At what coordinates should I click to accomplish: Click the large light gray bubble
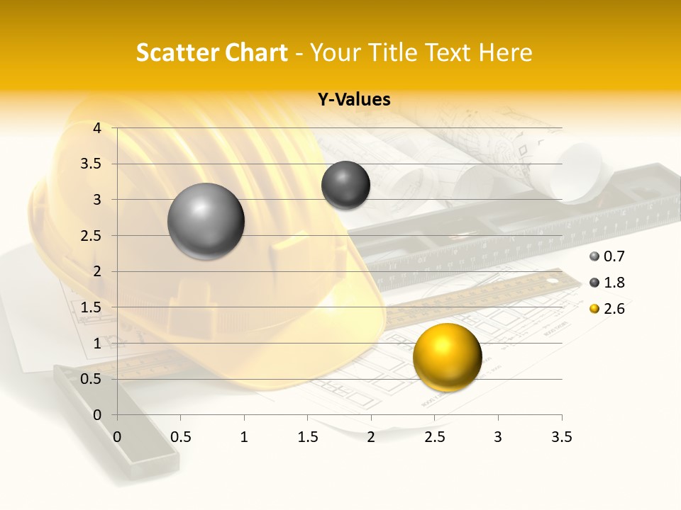click(x=206, y=221)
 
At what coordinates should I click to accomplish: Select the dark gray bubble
click(x=345, y=185)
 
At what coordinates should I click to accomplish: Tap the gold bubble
click(x=447, y=356)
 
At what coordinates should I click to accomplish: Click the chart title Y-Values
click(x=353, y=100)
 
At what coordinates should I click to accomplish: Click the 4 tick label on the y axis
click(x=97, y=128)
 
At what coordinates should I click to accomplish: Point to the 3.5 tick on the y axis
click(x=91, y=164)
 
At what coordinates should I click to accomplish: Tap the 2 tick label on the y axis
click(x=97, y=271)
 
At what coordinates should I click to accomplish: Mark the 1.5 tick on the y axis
click(x=91, y=307)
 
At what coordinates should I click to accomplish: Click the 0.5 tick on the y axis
click(x=91, y=379)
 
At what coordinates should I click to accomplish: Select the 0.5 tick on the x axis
click(x=181, y=436)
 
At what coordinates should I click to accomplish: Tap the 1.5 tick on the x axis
click(x=308, y=436)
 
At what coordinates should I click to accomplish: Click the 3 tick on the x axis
click(x=498, y=436)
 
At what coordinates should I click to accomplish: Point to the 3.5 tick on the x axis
click(x=561, y=436)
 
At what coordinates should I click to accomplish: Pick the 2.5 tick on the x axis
click(x=435, y=436)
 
